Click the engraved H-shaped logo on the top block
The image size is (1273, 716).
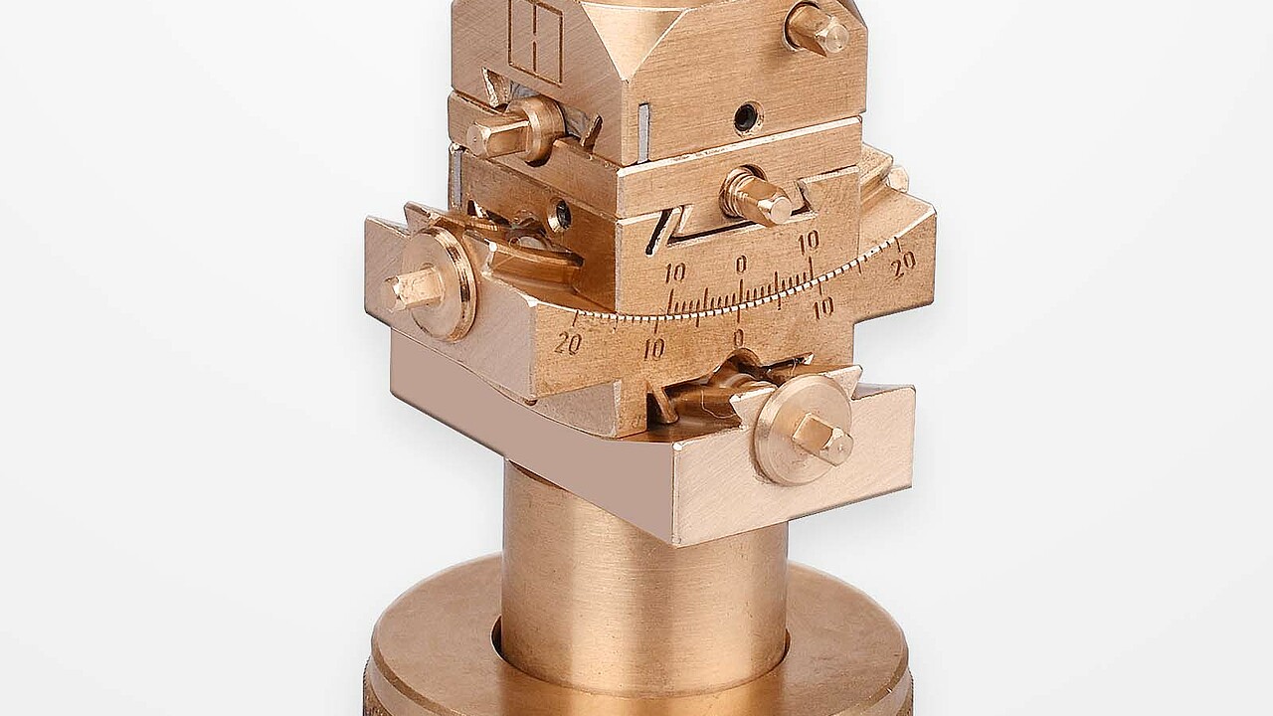536,42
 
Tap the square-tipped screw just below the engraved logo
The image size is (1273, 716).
511,130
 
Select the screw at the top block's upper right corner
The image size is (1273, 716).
818,30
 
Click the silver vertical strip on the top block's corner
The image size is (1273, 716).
642,133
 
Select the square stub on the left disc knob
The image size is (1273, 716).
412,289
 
